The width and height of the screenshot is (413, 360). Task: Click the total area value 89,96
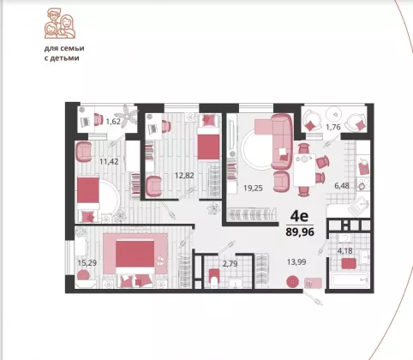pos(300,231)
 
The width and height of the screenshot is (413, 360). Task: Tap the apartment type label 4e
pos(299,216)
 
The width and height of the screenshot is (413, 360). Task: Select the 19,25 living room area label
pos(253,188)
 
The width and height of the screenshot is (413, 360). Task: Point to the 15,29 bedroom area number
pos(87,262)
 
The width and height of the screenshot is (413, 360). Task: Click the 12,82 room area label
pos(184,175)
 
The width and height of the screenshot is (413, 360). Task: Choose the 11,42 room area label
pos(109,161)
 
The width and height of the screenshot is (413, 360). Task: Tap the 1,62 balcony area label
pos(113,122)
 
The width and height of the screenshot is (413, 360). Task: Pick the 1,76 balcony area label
pos(333,127)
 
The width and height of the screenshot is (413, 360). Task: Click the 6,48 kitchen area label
pos(342,186)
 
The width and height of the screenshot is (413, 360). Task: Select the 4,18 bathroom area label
pos(345,251)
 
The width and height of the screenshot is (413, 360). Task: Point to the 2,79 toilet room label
pos(230,263)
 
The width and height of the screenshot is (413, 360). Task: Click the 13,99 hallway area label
pos(296,261)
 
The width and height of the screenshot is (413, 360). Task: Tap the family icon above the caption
pos(60,23)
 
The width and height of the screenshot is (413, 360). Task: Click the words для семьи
pos(64,48)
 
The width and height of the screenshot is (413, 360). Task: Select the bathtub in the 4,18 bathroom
pos(350,280)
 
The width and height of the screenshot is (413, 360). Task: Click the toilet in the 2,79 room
pos(213,277)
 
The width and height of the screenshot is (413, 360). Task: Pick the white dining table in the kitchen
pos(305,170)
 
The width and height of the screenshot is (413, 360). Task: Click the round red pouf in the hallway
pos(292,282)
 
